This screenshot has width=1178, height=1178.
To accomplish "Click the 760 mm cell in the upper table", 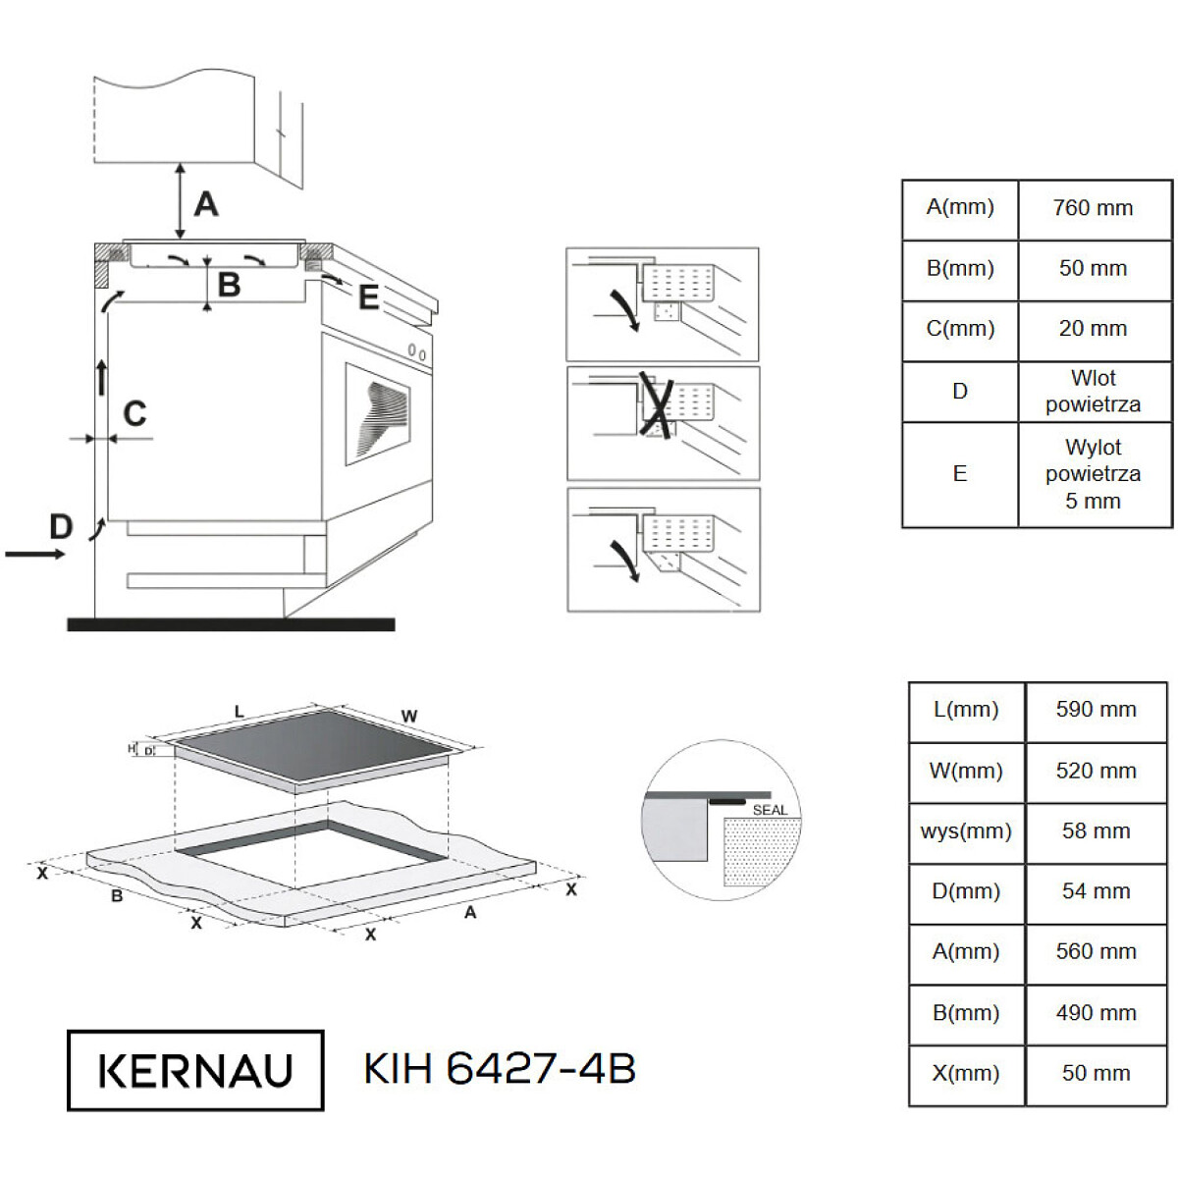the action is [x=1092, y=208].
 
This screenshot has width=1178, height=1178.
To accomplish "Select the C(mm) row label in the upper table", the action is [x=959, y=329].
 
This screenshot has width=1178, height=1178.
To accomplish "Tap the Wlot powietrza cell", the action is [x=1093, y=392].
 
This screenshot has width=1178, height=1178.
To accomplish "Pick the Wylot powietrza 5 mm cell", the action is [x=1093, y=474].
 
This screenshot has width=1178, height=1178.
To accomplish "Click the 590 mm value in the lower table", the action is [x=1096, y=710].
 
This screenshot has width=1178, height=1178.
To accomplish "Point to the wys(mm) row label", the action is [x=965, y=831].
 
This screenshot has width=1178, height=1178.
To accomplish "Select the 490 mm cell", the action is [x=1096, y=1013].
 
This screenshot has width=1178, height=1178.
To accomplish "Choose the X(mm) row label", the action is [x=965, y=1074].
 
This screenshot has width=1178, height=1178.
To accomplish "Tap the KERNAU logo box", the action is [x=195, y=1070].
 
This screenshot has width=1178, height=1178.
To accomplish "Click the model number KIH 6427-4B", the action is [x=500, y=1069].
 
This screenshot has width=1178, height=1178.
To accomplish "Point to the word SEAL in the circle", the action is [x=770, y=811].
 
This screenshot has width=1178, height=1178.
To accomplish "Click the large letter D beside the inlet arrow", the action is [x=61, y=526].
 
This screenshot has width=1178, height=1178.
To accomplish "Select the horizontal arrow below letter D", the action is [x=34, y=555].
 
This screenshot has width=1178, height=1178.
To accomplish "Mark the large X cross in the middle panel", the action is [x=657, y=405].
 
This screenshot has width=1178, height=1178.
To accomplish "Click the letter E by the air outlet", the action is [x=369, y=297].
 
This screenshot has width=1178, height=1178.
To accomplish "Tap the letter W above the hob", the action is [x=409, y=716].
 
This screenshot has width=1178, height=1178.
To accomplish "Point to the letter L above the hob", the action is [x=239, y=712].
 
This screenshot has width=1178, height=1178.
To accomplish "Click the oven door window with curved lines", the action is [x=377, y=414].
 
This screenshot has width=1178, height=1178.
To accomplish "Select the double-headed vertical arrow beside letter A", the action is [x=180, y=201].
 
